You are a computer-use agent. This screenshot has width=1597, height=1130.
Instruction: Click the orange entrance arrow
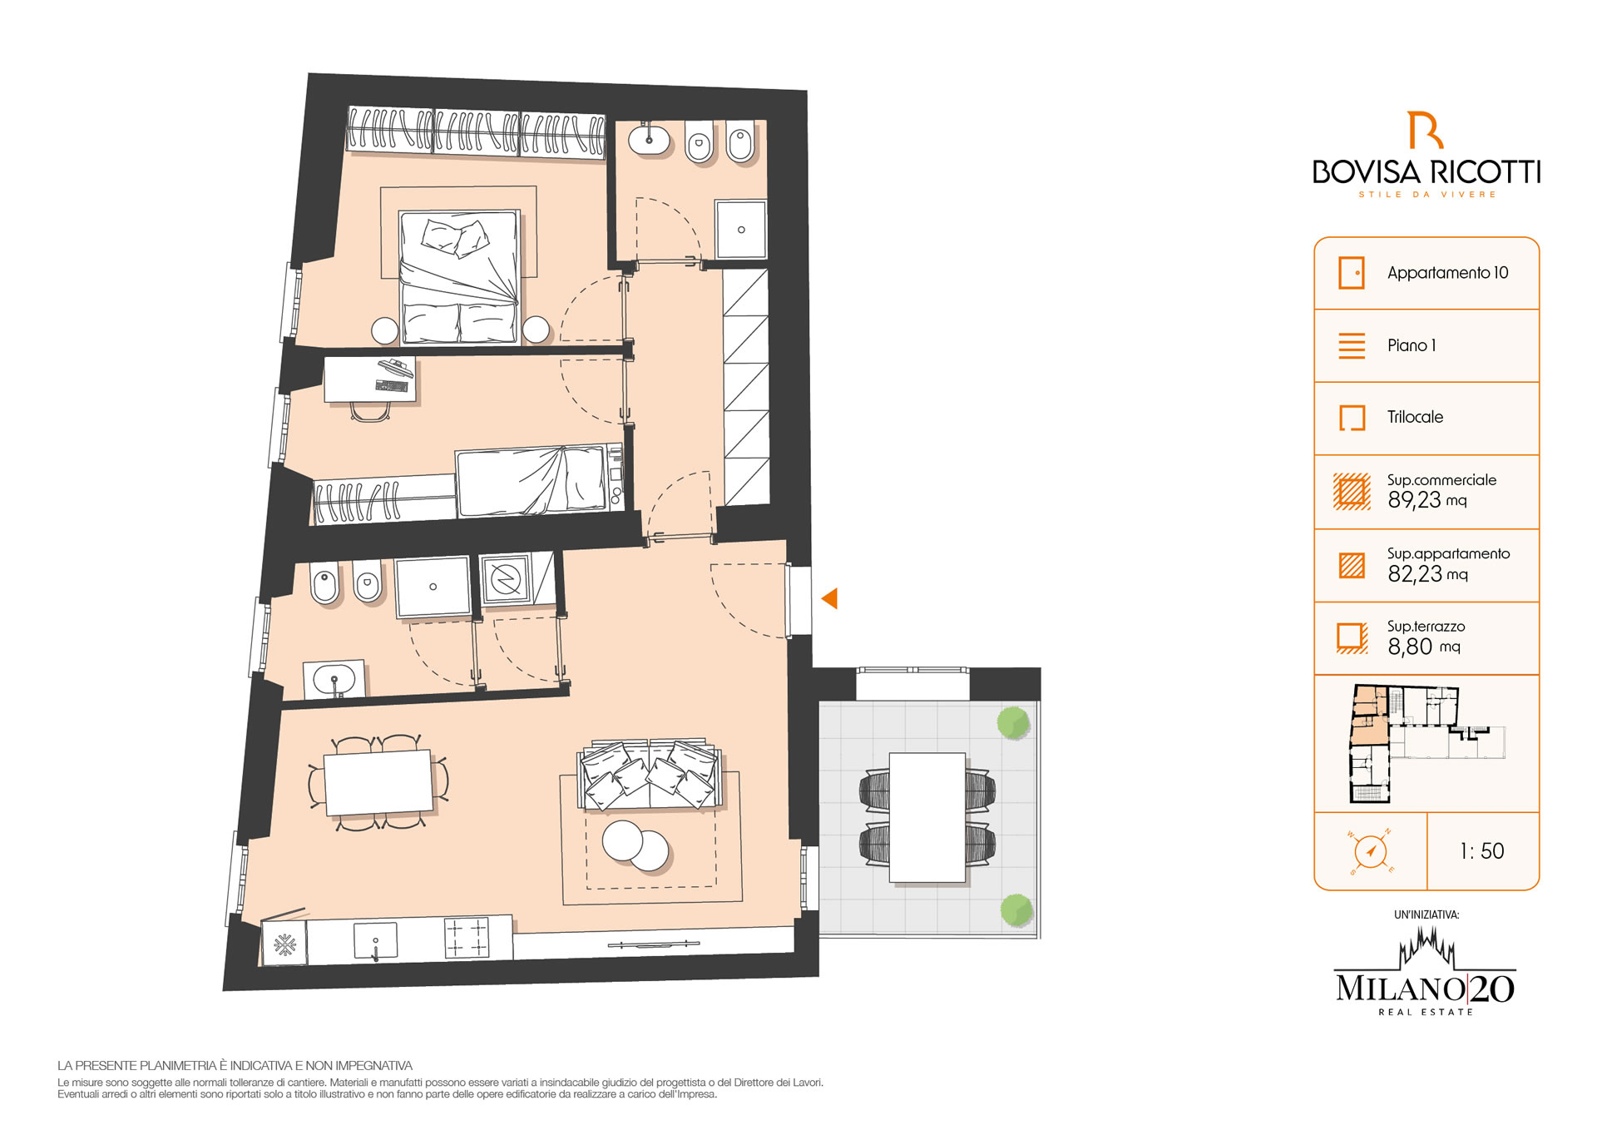point(830,598)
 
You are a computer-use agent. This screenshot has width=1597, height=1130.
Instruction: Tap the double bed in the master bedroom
point(459,277)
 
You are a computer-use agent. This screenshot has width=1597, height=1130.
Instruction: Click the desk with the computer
point(370,379)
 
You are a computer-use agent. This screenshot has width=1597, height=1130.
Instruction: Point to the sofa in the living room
point(649,775)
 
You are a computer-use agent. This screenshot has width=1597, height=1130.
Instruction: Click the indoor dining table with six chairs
point(378,782)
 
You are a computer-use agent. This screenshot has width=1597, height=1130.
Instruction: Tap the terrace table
point(927,817)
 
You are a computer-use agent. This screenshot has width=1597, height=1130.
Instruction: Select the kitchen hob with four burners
point(467,938)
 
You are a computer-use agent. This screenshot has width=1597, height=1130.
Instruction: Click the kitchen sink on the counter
point(375,940)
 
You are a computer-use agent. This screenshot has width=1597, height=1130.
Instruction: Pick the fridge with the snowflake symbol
point(284,944)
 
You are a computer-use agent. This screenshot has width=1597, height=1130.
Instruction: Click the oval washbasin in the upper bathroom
point(650,140)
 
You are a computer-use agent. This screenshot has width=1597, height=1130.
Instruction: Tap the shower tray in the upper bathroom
point(740,229)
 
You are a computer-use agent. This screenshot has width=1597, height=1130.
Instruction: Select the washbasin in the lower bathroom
point(334,680)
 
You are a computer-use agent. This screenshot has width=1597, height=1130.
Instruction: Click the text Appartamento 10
point(1447,273)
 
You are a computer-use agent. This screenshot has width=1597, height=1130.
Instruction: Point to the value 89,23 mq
point(1427,500)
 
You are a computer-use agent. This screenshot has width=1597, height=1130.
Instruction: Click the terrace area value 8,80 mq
point(1424,647)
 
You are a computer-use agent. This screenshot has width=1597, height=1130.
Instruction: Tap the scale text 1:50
point(1482,851)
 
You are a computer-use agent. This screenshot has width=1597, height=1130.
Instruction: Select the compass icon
point(1370,851)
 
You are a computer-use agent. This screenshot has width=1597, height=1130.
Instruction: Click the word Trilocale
point(1415,417)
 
